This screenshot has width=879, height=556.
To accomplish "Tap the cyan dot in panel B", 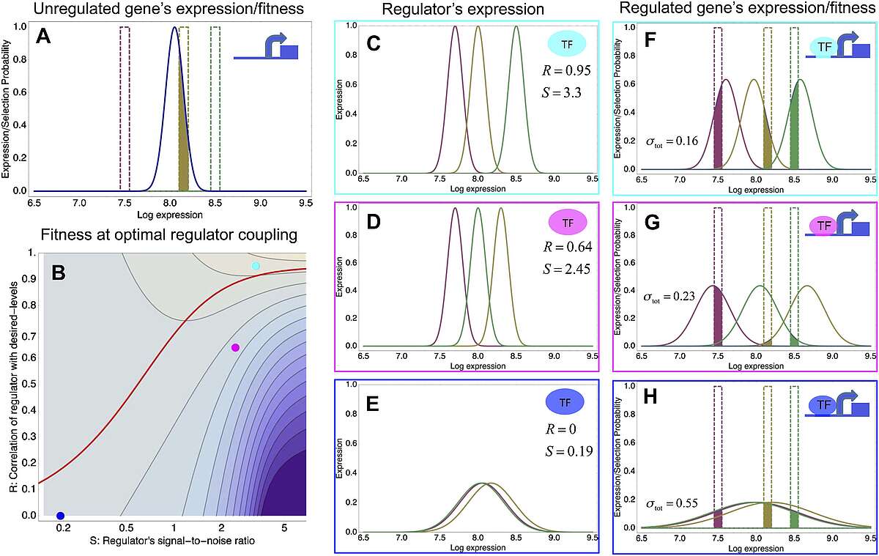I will pos(255,266).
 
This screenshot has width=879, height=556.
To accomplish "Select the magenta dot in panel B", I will pos(235,347).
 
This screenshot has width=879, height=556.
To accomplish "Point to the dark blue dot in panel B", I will pos(61,516).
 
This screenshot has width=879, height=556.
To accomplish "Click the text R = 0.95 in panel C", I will pos(560,71).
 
